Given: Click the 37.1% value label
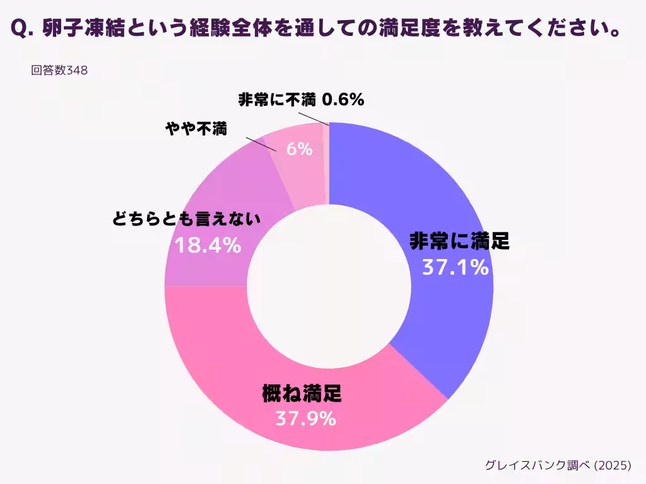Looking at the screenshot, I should click(455, 268).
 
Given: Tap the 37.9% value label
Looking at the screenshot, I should click(305, 418).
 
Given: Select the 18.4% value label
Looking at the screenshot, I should click(208, 245).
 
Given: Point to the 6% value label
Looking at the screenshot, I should click(299, 149).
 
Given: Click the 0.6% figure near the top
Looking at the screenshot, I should click(343, 100).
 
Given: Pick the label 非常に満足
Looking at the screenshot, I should click(459, 241).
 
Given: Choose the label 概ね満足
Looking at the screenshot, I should click(302, 395).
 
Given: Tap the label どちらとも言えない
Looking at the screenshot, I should click(186, 219).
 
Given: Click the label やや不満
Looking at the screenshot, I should click(196, 129).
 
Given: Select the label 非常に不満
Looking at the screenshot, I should click(277, 100).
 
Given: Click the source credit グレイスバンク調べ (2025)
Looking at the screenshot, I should click(558, 465).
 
